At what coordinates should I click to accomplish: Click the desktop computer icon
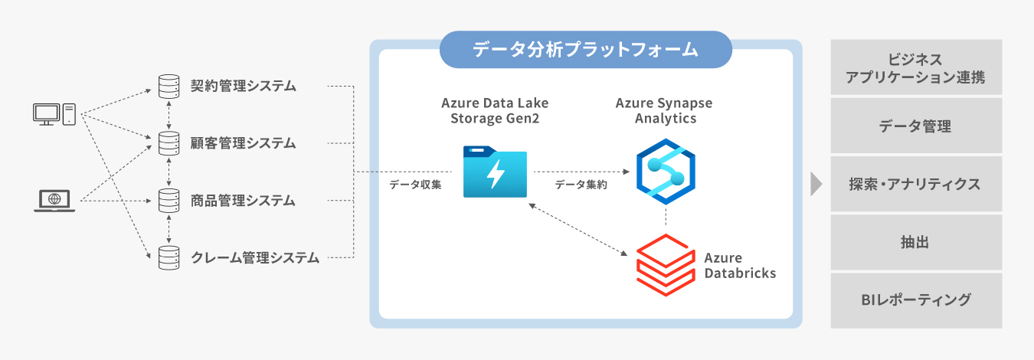pos(54,114)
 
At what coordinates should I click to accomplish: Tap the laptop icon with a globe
pos(54,200)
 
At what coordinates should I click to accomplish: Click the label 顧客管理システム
pos(243,143)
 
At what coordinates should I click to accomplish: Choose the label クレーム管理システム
pos(254,258)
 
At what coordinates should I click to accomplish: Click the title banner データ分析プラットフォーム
pos(586,51)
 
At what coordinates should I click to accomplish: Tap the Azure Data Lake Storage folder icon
pos(495,172)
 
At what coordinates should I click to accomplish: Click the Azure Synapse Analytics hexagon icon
pos(665,172)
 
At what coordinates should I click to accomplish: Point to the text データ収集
pos(414,185)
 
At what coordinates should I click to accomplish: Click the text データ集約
pos(581,185)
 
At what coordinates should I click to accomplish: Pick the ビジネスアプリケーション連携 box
pos(916,68)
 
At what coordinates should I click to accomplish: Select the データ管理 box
pos(916,126)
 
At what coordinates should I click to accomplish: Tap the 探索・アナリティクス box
pos(916,185)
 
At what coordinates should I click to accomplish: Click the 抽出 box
pos(916,243)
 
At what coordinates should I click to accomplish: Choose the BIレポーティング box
pos(916,300)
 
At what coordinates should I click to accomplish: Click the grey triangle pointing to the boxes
pos(816,184)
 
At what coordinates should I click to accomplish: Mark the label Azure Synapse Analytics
pos(665,110)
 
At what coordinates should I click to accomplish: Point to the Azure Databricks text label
pos(740,265)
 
